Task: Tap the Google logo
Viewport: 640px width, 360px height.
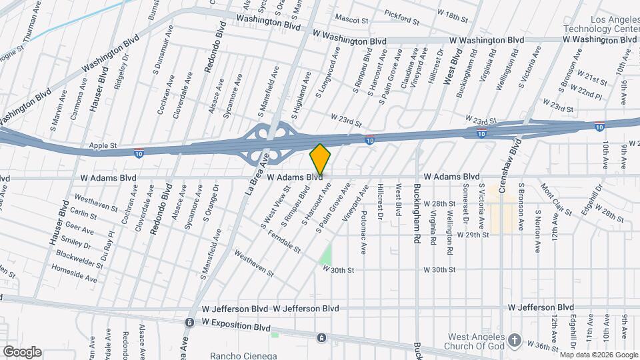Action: click(22, 352)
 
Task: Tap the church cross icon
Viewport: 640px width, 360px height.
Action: click(514, 341)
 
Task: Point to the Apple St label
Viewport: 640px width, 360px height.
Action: click(103, 145)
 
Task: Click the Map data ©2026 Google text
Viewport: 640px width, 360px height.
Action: click(598, 354)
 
